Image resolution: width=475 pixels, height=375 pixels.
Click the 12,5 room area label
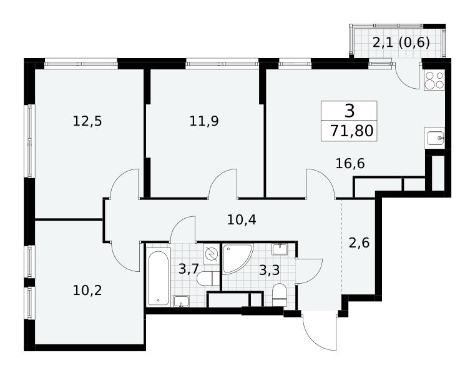tap(87, 121)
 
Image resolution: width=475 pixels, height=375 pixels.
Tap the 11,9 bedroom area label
tap(204, 121)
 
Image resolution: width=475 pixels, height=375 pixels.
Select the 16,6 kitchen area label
tap(350, 164)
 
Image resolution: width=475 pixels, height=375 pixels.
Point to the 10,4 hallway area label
tap(242, 220)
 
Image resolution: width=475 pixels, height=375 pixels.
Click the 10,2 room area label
tap(87, 291)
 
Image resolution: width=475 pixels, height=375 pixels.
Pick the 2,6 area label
tap(359, 243)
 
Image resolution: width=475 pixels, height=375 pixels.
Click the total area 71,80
tap(351, 131)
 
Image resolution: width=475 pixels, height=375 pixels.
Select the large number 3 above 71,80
tap(350, 111)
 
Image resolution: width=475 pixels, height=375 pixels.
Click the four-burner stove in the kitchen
tap(434, 80)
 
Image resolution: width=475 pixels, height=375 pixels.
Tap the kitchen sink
tap(434, 138)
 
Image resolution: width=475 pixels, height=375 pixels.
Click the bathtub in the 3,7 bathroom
tap(159, 277)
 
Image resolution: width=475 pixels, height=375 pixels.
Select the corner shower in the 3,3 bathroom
tap(238, 259)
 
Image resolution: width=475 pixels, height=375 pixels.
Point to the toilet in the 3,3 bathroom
tap(279, 295)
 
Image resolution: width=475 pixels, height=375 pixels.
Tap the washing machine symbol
tap(212, 253)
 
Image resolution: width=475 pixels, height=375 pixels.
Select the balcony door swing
tap(408, 76)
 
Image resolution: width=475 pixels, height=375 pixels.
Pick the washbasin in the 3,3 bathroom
tap(279, 249)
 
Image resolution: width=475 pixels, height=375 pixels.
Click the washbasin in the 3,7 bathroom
tap(181, 302)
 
